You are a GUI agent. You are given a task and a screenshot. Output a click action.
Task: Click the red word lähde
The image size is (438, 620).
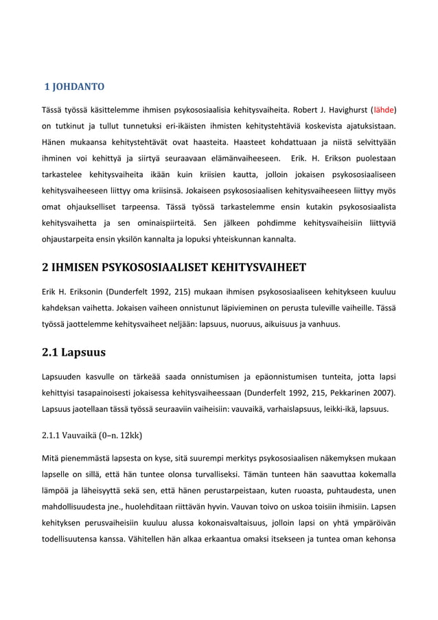383,109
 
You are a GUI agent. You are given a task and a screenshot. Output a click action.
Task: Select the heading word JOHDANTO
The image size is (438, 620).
80,87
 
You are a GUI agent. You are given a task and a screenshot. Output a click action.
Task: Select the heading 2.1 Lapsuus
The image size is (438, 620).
70,355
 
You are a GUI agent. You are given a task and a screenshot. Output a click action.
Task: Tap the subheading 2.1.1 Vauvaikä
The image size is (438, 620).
91,435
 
